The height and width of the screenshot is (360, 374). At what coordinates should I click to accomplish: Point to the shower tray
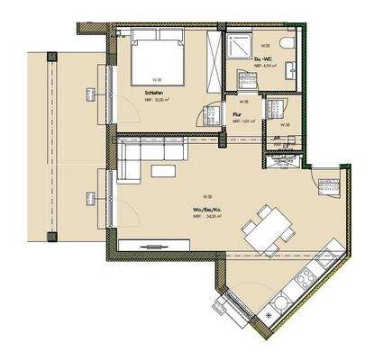tap(242, 46)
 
